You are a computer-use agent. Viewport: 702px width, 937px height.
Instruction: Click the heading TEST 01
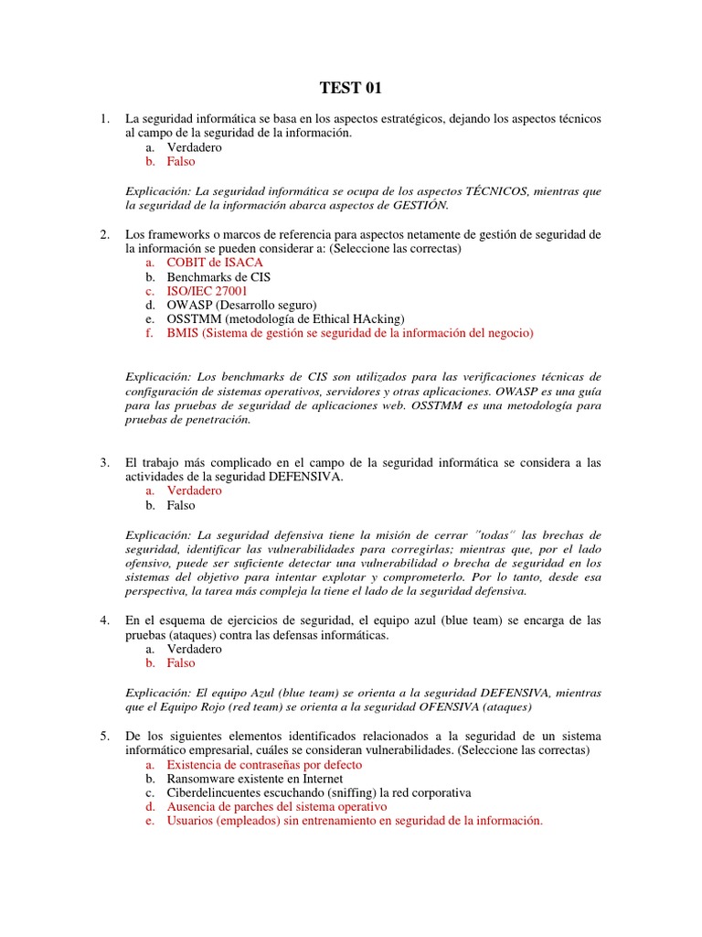click(x=350, y=89)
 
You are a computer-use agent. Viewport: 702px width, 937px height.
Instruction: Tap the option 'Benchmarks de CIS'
click(x=218, y=276)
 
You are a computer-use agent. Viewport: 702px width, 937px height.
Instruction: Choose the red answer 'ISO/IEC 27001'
click(x=207, y=291)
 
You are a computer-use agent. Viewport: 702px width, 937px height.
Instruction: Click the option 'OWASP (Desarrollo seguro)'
click(x=241, y=305)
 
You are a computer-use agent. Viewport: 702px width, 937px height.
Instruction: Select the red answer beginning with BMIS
click(x=349, y=333)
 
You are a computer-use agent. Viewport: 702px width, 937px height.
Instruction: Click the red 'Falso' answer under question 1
click(x=181, y=161)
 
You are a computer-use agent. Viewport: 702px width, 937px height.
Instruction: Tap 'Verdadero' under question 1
click(x=194, y=147)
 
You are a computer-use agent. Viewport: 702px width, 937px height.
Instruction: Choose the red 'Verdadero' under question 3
click(x=194, y=490)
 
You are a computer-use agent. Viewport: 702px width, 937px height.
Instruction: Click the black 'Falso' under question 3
click(x=181, y=505)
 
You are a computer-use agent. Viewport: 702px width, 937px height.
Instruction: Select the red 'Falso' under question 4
click(x=181, y=662)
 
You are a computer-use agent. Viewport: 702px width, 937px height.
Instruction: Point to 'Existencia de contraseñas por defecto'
click(x=264, y=764)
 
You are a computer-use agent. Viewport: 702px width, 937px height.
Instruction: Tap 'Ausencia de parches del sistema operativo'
click(x=277, y=807)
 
